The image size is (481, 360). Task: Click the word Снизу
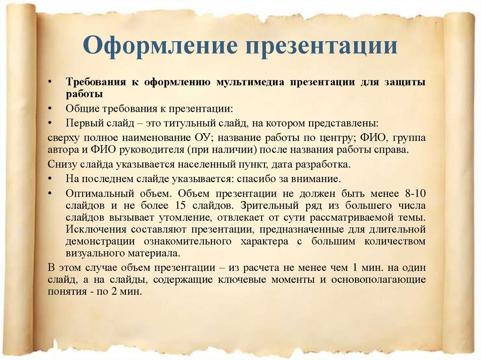pos(60,165)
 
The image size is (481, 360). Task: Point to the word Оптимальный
pos(95,193)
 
